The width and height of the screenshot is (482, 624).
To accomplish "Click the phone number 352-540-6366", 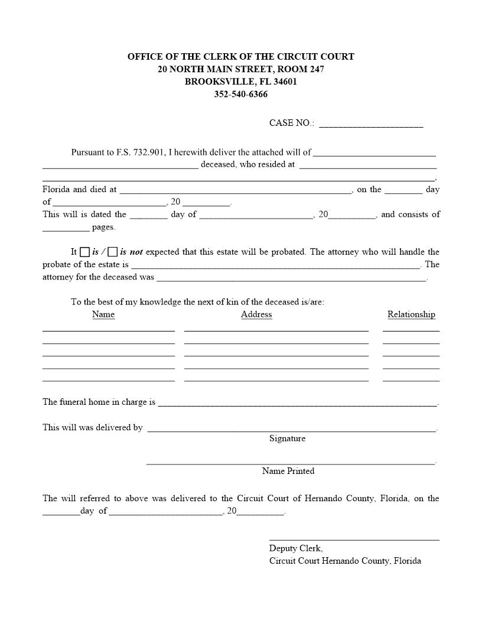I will (x=240, y=95).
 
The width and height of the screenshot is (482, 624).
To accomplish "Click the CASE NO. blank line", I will (x=370, y=125).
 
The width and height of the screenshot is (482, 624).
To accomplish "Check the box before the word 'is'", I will (x=85, y=252).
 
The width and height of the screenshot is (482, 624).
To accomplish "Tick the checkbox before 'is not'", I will (x=113, y=252).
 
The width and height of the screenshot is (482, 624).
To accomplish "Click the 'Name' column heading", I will (x=103, y=314).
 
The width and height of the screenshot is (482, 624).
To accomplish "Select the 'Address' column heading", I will (x=256, y=314).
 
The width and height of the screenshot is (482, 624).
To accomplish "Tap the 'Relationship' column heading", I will (x=411, y=314).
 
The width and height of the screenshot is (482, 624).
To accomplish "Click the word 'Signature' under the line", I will (x=287, y=438).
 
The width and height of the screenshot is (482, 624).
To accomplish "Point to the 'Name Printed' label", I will (x=288, y=471).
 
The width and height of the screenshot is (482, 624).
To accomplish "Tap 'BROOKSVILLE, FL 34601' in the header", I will (x=240, y=82).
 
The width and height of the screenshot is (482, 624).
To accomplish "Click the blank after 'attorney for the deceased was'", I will (x=291, y=279).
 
